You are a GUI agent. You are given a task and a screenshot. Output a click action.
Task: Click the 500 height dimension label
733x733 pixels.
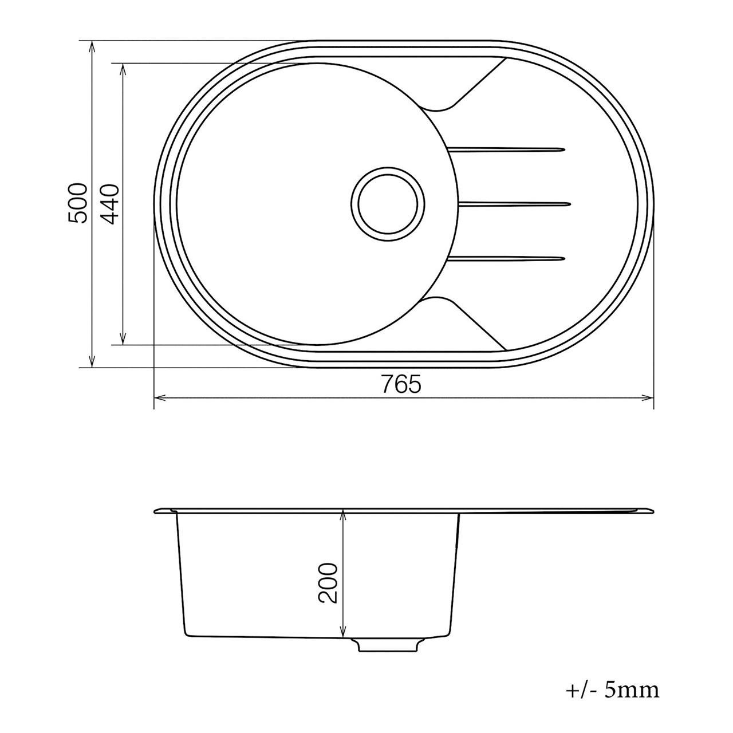tap(78, 203)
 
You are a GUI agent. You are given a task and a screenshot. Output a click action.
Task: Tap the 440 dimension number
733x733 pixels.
tap(111, 204)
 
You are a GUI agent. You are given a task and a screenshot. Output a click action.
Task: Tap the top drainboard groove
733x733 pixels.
tap(507, 149)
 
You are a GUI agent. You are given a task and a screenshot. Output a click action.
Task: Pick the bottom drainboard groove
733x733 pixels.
tap(507, 259)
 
